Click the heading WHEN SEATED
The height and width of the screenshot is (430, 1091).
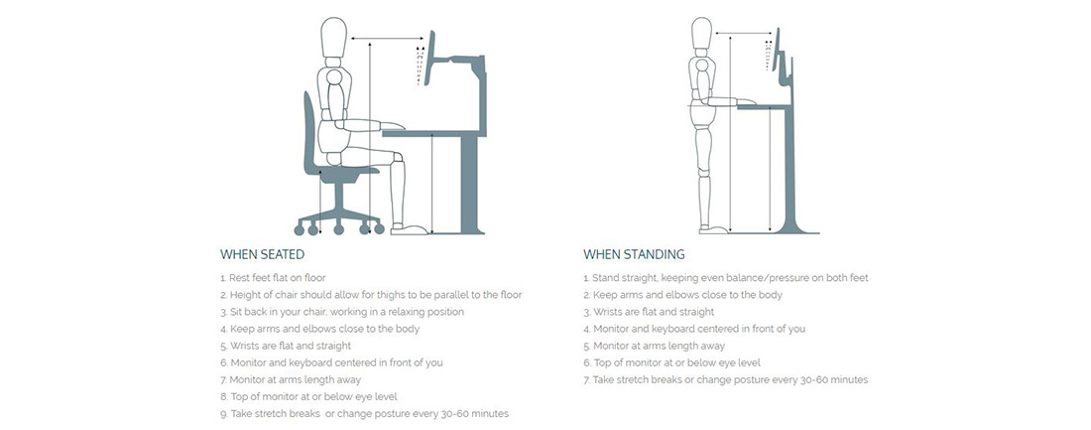click(x=262, y=254)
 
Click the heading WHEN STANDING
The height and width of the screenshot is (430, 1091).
click(x=634, y=254)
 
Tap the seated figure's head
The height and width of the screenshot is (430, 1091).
click(x=333, y=39)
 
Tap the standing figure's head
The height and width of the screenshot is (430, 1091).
click(x=702, y=34)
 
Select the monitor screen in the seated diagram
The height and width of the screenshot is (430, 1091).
click(x=430, y=60)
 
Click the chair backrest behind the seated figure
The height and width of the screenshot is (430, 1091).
click(x=308, y=132)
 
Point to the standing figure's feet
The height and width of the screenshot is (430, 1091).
click(x=714, y=228)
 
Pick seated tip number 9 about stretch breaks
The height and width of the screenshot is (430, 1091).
click(x=364, y=414)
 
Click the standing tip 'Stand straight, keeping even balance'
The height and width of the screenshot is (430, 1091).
click(x=726, y=278)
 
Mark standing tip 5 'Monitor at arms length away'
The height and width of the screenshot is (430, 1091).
click(x=654, y=346)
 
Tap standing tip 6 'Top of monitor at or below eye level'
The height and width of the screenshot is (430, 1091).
click(x=671, y=363)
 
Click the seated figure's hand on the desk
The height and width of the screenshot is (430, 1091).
click(x=393, y=126)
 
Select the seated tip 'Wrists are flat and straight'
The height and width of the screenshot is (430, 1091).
click(x=286, y=346)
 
